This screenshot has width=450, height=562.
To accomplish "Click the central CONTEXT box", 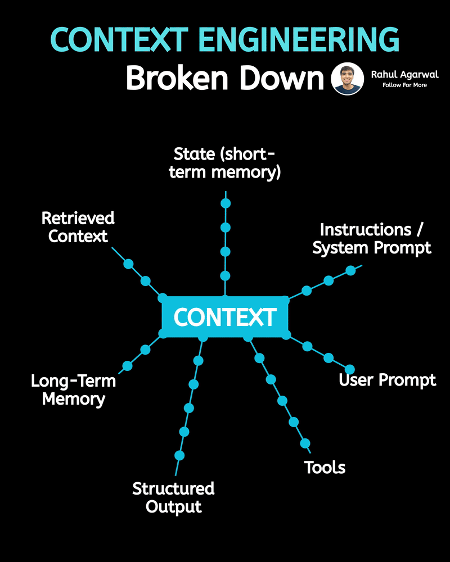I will point(225,317).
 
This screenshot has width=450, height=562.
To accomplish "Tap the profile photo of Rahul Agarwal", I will point(348,79).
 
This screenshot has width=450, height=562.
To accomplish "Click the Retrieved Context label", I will point(78,226).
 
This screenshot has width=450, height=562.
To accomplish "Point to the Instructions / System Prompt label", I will point(372,238).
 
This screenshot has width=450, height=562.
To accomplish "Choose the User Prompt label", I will point(387,380).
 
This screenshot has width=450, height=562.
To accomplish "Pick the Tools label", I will point(325,467).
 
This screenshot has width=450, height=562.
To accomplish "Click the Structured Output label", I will point(173,497).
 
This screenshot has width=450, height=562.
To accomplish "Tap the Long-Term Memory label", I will point(73,390).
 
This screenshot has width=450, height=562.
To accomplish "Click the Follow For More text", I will point(404,85).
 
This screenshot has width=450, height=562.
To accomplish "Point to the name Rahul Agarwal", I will point(404,74).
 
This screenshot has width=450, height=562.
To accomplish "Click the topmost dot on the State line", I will point(226,203).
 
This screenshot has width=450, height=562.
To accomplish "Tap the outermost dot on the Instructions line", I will point(350,270).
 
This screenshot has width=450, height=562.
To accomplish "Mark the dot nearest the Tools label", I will point(305,443).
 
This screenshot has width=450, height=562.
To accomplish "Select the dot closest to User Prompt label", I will point(350,369).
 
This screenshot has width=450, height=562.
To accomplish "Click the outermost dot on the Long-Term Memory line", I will point(127,366).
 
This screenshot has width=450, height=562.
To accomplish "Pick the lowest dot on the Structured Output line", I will point(179,455).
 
